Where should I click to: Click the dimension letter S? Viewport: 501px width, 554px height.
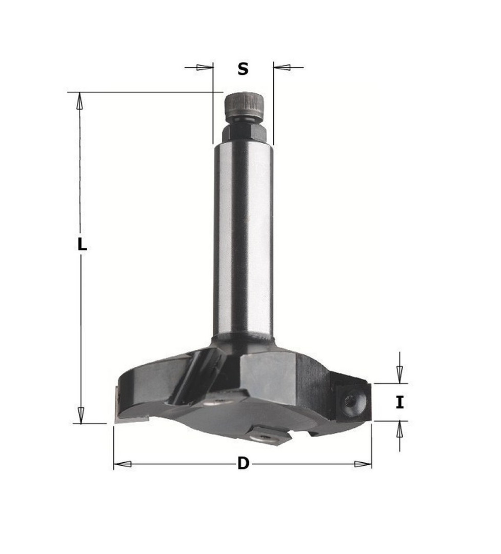pyautogui.click(x=243, y=69)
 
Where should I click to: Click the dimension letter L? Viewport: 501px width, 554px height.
pyautogui.click(x=82, y=244)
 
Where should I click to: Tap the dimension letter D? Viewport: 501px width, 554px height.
pyautogui.click(x=243, y=463)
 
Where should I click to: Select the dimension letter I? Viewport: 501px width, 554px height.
pyautogui.click(x=399, y=403)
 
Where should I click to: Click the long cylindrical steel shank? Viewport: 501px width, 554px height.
pyautogui.click(x=244, y=240)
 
